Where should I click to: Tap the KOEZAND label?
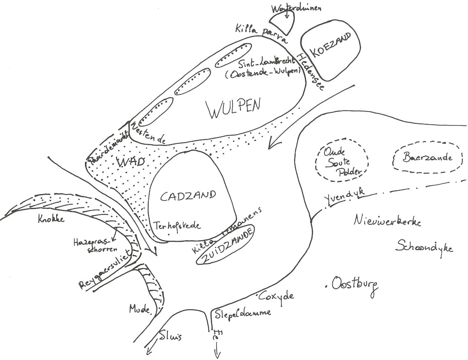click(331, 46)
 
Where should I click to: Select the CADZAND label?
click(187, 196)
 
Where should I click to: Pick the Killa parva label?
click(261, 33)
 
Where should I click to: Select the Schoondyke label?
click(425, 246)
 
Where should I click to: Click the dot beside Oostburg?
click(326, 284)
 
